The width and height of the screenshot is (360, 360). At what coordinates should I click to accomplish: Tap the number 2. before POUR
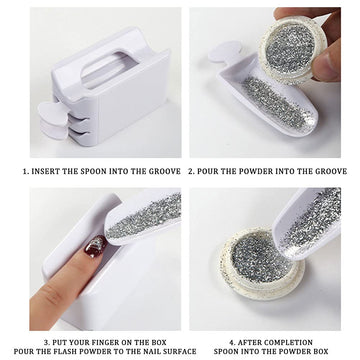pyautogui.click(x=191, y=171)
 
